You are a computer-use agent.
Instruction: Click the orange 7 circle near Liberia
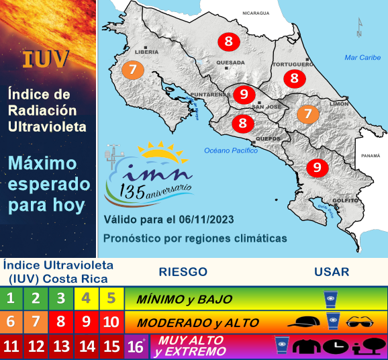tap(133, 69)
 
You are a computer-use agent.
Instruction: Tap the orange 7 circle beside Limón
tap(308, 114)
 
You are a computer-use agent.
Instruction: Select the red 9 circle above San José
tap(244, 94)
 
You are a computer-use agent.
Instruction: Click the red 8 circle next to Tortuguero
tap(294, 78)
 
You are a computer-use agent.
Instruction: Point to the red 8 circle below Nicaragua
tap(228, 42)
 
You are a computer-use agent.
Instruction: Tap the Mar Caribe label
tap(362, 58)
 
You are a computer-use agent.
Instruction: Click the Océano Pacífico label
tap(231, 150)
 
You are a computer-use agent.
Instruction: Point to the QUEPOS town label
tap(268, 139)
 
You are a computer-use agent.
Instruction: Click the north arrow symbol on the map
tap(360, 28)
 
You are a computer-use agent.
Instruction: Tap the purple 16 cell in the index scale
tap(135, 347)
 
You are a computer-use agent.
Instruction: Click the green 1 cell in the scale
tap(11, 298)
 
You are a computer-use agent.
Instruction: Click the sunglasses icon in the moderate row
tap(363, 322)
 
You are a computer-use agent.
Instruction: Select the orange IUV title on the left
tap(46, 58)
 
